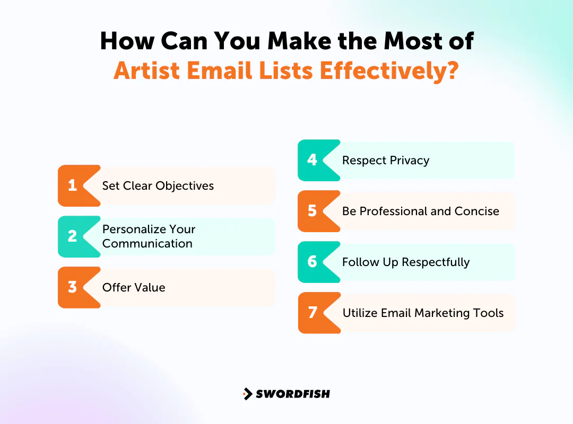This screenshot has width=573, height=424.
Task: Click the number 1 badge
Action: click(x=73, y=185)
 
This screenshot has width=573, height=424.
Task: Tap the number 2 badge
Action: click(x=73, y=236)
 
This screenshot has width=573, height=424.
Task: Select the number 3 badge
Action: click(x=73, y=287)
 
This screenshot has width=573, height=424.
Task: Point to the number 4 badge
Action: click(x=312, y=160)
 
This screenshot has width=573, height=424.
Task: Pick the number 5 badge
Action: click(x=312, y=211)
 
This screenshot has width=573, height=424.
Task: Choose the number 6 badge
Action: click(x=312, y=262)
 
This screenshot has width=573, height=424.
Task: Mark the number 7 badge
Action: click(x=312, y=313)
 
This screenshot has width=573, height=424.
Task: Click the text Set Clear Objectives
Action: click(x=158, y=185)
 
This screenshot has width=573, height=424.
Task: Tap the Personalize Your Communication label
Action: click(x=149, y=236)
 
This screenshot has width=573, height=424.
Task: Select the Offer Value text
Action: click(x=134, y=287)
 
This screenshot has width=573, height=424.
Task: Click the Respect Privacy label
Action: click(x=386, y=160)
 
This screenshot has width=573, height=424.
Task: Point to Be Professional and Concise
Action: click(x=421, y=211)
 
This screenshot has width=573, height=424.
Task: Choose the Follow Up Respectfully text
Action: click(x=406, y=262)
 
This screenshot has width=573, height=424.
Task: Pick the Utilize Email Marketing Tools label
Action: click(x=423, y=313)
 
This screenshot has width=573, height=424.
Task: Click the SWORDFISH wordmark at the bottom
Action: click(x=293, y=394)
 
